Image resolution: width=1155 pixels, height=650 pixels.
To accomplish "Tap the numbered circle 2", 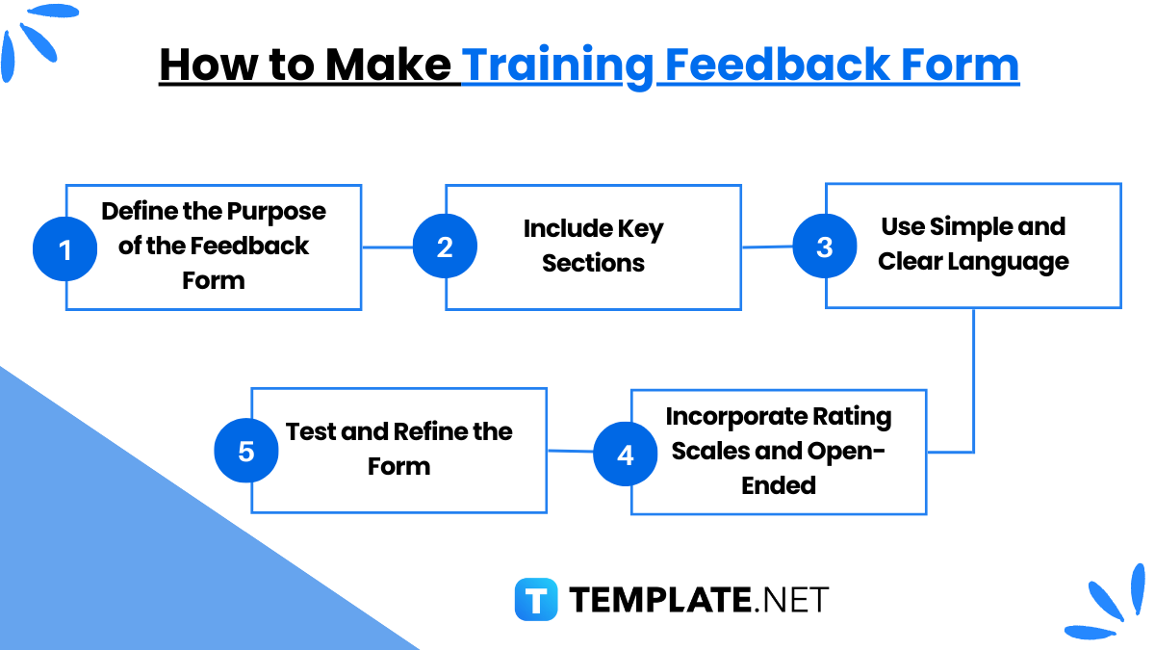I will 445,247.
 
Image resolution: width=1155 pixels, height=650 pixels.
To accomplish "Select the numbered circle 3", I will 824,247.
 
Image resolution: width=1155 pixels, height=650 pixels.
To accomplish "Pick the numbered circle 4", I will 626,454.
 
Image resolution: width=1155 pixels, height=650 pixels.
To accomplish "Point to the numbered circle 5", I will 246,451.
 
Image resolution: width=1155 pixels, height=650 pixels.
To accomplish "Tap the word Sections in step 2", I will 593,263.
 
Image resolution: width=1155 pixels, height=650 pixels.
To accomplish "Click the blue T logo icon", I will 536,599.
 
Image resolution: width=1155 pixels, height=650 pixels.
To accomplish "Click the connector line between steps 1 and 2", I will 387,247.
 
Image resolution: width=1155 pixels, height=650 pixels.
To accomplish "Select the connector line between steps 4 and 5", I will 570,451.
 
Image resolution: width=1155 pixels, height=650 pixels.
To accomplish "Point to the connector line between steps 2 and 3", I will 766,247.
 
